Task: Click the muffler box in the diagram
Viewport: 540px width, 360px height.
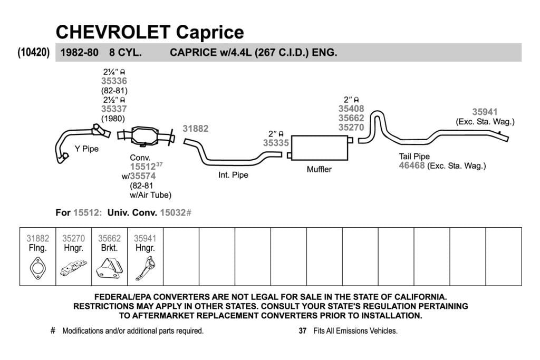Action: coord(320,148)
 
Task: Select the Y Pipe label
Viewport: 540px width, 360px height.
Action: coord(86,149)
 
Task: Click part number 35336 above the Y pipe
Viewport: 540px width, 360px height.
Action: coord(114,81)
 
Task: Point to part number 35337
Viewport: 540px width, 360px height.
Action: coord(114,109)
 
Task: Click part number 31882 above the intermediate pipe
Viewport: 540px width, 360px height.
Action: coord(196,129)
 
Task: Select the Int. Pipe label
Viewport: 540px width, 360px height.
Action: coord(233,175)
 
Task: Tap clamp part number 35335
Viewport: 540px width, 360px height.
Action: coord(276,143)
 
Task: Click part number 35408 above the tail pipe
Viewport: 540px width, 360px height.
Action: coord(351,109)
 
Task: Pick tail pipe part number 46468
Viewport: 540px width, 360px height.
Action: coord(411,166)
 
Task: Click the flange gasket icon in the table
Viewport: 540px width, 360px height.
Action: coord(37,268)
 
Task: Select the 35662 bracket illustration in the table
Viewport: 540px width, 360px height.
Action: coord(109,267)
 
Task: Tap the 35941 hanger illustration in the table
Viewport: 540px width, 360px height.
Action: coord(146,267)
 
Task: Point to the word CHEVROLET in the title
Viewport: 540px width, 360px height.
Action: coord(113,32)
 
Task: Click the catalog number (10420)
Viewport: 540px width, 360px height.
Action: coord(33,52)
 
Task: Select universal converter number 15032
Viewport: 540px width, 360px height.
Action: coord(173,213)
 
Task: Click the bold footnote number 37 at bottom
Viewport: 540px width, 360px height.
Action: coord(302,331)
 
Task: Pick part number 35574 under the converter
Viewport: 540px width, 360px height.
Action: coord(142,176)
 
